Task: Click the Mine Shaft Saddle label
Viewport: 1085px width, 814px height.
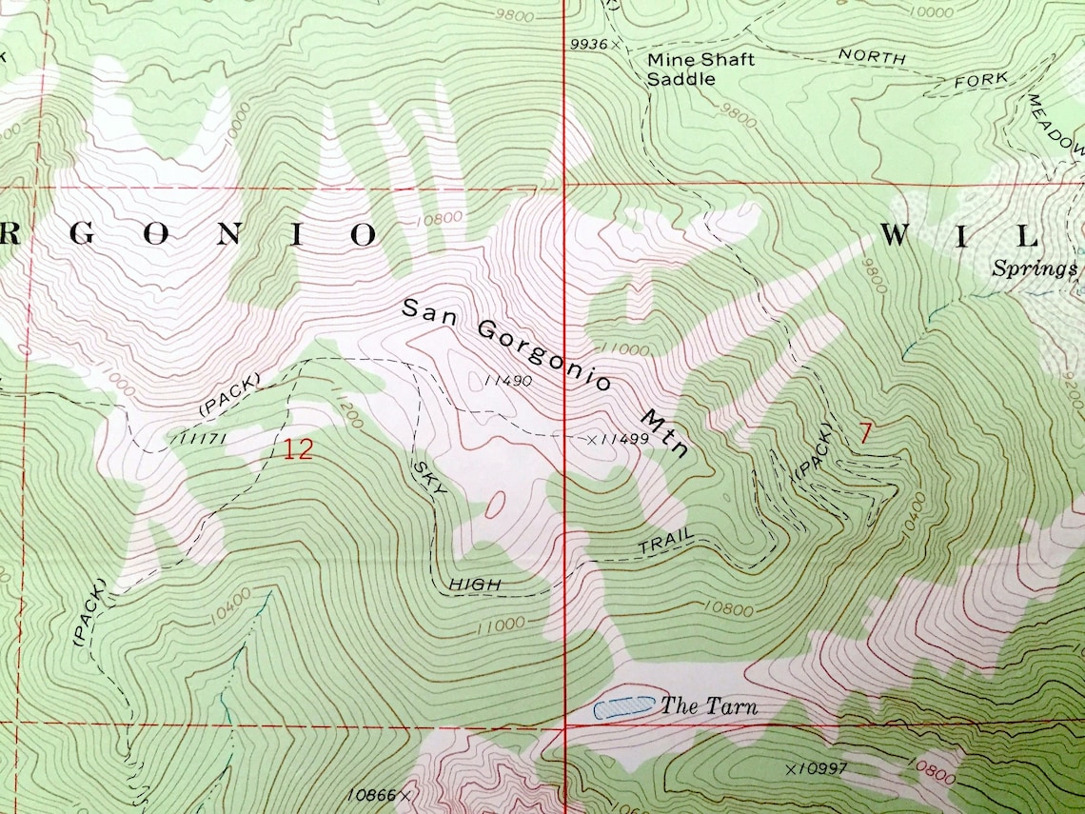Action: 700,69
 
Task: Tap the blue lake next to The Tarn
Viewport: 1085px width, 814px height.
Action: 624,705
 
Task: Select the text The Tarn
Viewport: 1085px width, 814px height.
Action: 709,705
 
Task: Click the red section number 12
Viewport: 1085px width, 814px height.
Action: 297,449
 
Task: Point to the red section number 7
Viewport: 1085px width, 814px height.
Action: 865,433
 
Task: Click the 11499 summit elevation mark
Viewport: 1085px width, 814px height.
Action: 619,439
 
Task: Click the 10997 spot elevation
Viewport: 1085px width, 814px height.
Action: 817,768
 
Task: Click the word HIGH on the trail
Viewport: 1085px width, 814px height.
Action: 471,583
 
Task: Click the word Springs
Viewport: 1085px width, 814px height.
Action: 1034,268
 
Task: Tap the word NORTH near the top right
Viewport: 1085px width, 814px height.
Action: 871,57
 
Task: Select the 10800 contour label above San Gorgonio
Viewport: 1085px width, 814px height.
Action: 441,217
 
